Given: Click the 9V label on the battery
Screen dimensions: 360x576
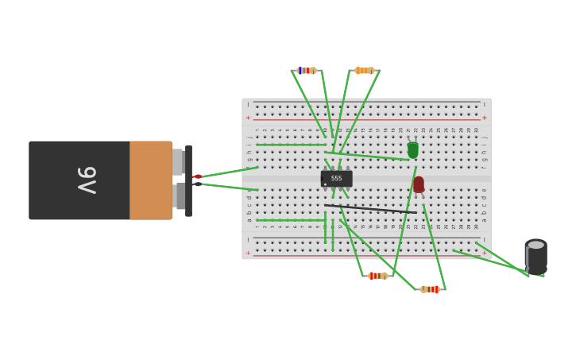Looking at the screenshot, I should click(87, 180).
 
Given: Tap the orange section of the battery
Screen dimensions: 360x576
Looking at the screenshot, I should click(150, 180).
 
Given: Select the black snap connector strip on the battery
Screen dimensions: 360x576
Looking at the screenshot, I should click(188, 180).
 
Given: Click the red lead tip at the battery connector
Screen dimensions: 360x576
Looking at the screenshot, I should click(198, 176).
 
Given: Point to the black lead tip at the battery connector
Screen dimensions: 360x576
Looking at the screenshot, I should click(198, 184).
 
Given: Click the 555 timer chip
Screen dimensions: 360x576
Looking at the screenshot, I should click(336, 179).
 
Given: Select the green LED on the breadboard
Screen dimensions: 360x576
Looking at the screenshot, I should click(412, 149).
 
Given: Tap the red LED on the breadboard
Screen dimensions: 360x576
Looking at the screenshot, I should click(419, 184).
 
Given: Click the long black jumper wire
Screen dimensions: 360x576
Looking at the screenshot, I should click(370, 208).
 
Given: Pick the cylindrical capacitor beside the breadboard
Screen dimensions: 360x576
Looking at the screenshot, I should click(536, 257).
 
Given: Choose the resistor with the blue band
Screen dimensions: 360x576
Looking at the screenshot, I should click(306, 71).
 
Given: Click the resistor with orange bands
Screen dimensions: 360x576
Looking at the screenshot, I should click(364, 71).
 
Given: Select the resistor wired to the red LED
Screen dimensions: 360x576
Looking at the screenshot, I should click(430, 289).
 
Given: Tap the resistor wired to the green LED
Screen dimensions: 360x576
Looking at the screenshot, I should click(377, 276).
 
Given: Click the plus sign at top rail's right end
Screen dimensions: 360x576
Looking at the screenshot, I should click(484, 118).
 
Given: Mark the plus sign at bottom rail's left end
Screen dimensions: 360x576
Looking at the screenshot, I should click(248, 254).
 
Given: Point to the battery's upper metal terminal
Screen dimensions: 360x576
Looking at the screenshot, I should click(178, 161).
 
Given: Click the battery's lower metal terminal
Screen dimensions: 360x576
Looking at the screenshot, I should click(179, 195).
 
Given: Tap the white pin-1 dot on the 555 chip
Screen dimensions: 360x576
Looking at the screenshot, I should click(325, 184).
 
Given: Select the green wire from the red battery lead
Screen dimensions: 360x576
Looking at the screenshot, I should click(229, 172).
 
